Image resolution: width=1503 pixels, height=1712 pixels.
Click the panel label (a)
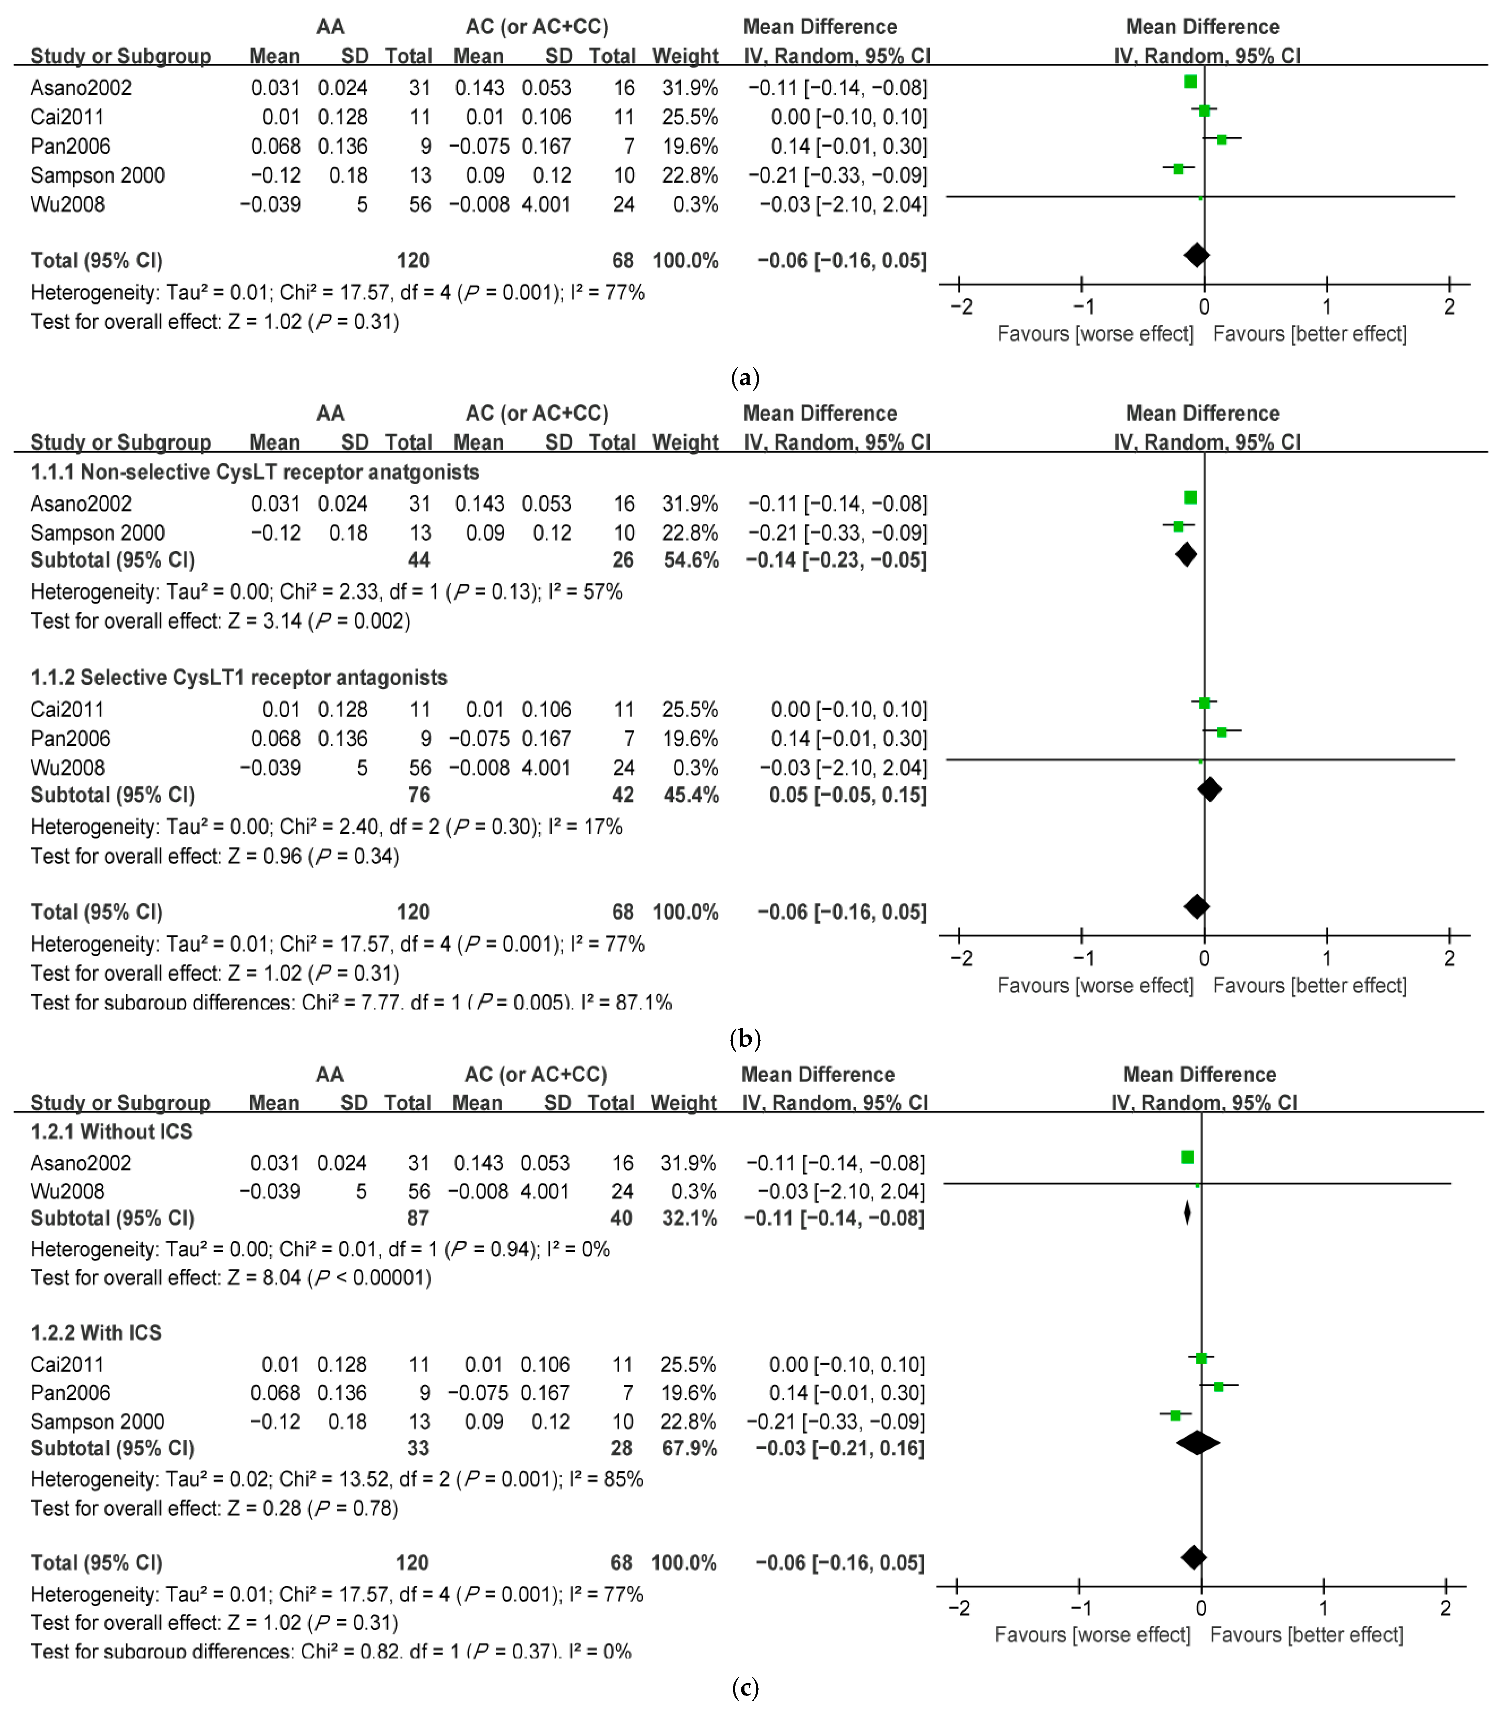pos(744,378)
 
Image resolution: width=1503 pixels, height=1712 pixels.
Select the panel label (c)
pos(744,1688)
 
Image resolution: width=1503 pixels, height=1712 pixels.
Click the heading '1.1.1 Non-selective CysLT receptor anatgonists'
pos(255,472)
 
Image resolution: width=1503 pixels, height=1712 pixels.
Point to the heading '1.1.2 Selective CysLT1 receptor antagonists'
pos(239,678)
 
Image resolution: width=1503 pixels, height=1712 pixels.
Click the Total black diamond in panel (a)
pos(1197,255)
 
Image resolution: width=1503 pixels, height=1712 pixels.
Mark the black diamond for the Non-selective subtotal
pos(1186,554)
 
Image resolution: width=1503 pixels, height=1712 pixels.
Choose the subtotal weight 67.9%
pos(689,1448)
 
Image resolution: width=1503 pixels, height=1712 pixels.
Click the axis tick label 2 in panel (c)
pos(1445,1608)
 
